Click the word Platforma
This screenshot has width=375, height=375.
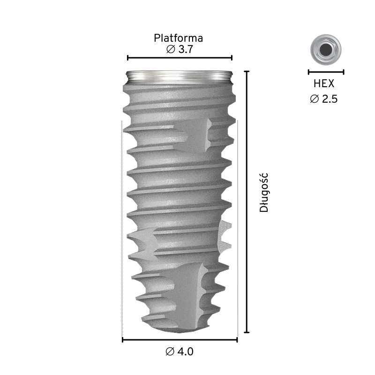pyautogui.click(x=178, y=38)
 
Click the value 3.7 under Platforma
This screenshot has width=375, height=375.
pyautogui.click(x=186, y=50)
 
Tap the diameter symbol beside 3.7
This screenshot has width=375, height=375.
pyautogui.click(x=171, y=50)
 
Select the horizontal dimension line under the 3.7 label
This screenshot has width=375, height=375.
pyautogui.click(x=180, y=58)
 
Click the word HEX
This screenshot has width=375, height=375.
pyautogui.click(x=323, y=84)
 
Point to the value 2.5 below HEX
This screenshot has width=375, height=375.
pyautogui.click(x=330, y=99)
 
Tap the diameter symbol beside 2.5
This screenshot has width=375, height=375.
pyautogui.click(x=315, y=99)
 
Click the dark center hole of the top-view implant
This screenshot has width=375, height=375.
pyautogui.click(x=326, y=50)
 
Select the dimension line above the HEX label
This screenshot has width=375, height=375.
pyautogui.click(x=326, y=72)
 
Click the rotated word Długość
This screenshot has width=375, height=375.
pyautogui.click(x=264, y=193)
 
